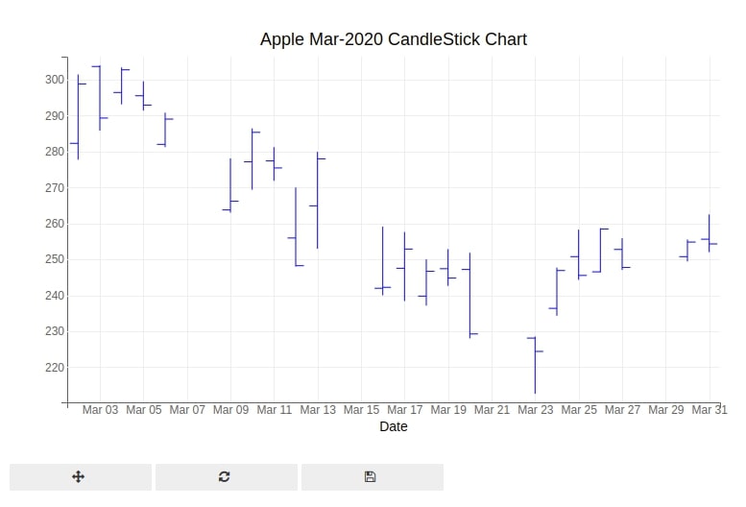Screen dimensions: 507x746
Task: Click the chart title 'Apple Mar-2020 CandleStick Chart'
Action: (x=393, y=39)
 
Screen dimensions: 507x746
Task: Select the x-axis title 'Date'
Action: (x=393, y=426)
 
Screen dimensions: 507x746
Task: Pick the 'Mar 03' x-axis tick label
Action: (x=100, y=410)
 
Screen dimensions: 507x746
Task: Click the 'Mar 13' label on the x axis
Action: (x=318, y=410)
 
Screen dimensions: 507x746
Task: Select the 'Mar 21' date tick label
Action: (x=492, y=410)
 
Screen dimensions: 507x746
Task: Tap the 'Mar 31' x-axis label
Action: (x=709, y=410)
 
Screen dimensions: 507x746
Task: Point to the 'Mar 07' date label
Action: (x=187, y=410)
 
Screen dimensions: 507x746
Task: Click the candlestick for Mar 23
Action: (x=535, y=365)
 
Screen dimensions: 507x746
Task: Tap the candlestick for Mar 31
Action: (x=710, y=233)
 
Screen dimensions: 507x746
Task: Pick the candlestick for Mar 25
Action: (x=578, y=254)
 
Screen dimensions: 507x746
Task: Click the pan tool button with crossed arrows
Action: (x=80, y=476)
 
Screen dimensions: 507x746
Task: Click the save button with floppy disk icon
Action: (x=371, y=476)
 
